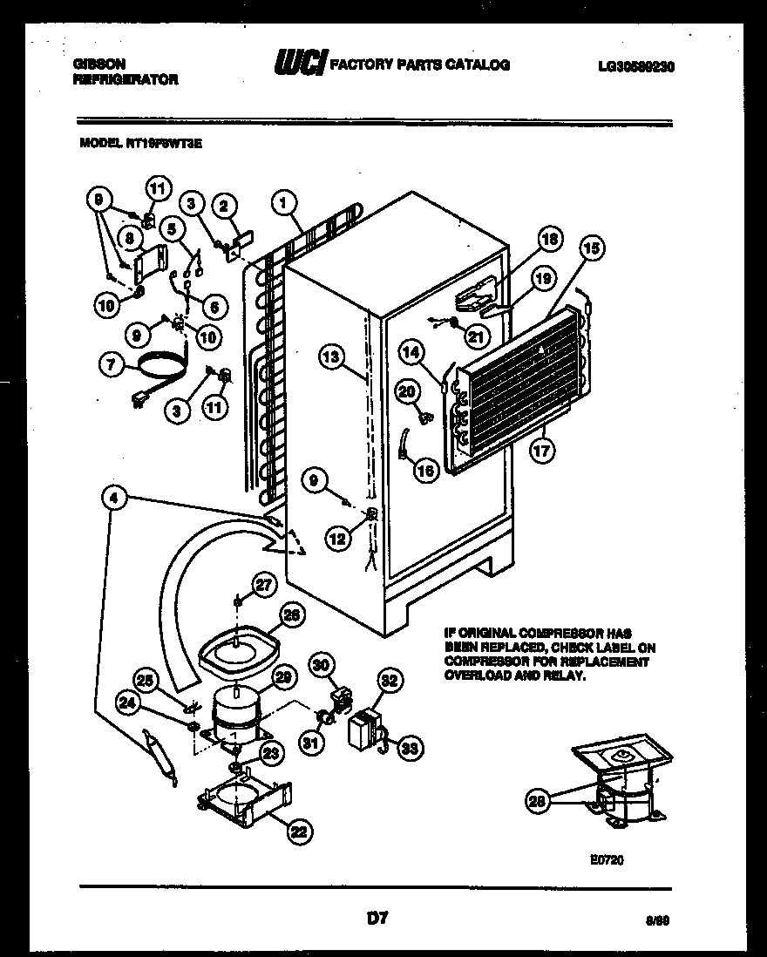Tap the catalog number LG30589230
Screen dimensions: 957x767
click(x=638, y=65)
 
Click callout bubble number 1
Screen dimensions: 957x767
click(x=282, y=203)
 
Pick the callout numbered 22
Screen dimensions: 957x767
click(x=298, y=833)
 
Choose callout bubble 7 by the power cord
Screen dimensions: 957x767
click(x=110, y=367)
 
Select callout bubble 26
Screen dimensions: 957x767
click(x=293, y=614)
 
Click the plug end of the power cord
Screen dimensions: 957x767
click(x=136, y=400)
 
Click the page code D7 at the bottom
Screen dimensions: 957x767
click(x=377, y=918)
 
